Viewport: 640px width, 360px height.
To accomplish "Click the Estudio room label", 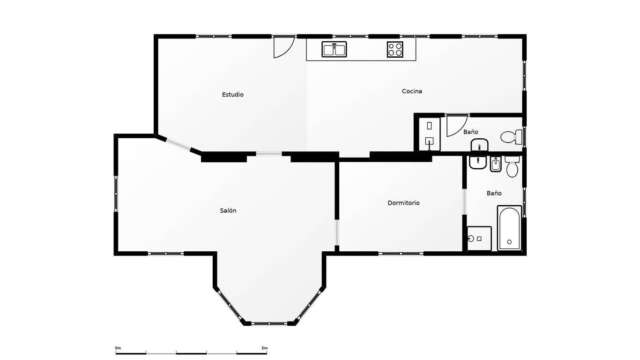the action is click(x=232, y=95).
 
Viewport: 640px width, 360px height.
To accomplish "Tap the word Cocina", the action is click(x=412, y=91).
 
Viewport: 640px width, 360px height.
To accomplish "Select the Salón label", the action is click(x=228, y=211).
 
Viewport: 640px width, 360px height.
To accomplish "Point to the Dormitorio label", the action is click(x=403, y=203).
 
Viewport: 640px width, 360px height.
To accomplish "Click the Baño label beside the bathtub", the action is click(x=494, y=193).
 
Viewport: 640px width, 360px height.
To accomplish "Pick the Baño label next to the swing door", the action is click(x=470, y=132).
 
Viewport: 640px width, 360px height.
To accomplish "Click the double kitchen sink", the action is click(x=334, y=49).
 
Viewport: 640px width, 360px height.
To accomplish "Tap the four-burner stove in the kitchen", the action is click(x=395, y=49).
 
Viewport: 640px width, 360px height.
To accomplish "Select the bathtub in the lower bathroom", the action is click(x=509, y=228).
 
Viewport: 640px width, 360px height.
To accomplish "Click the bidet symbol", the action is click(x=496, y=164).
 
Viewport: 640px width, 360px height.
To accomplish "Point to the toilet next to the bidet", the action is click(x=512, y=166).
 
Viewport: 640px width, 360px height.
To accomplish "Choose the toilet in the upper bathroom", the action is click(x=511, y=137).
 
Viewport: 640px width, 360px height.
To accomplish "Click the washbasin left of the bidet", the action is click(x=478, y=162).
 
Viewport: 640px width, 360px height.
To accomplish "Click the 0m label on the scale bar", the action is click(x=118, y=348).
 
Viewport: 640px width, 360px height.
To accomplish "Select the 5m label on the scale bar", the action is click(x=265, y=348).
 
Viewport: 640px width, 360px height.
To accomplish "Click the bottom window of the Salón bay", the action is click(x=269, y=323).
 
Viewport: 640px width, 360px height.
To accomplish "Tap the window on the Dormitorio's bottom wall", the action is click(x=401, y=253).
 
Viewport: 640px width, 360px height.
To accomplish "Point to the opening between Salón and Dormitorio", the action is click(x=337, y=232).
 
